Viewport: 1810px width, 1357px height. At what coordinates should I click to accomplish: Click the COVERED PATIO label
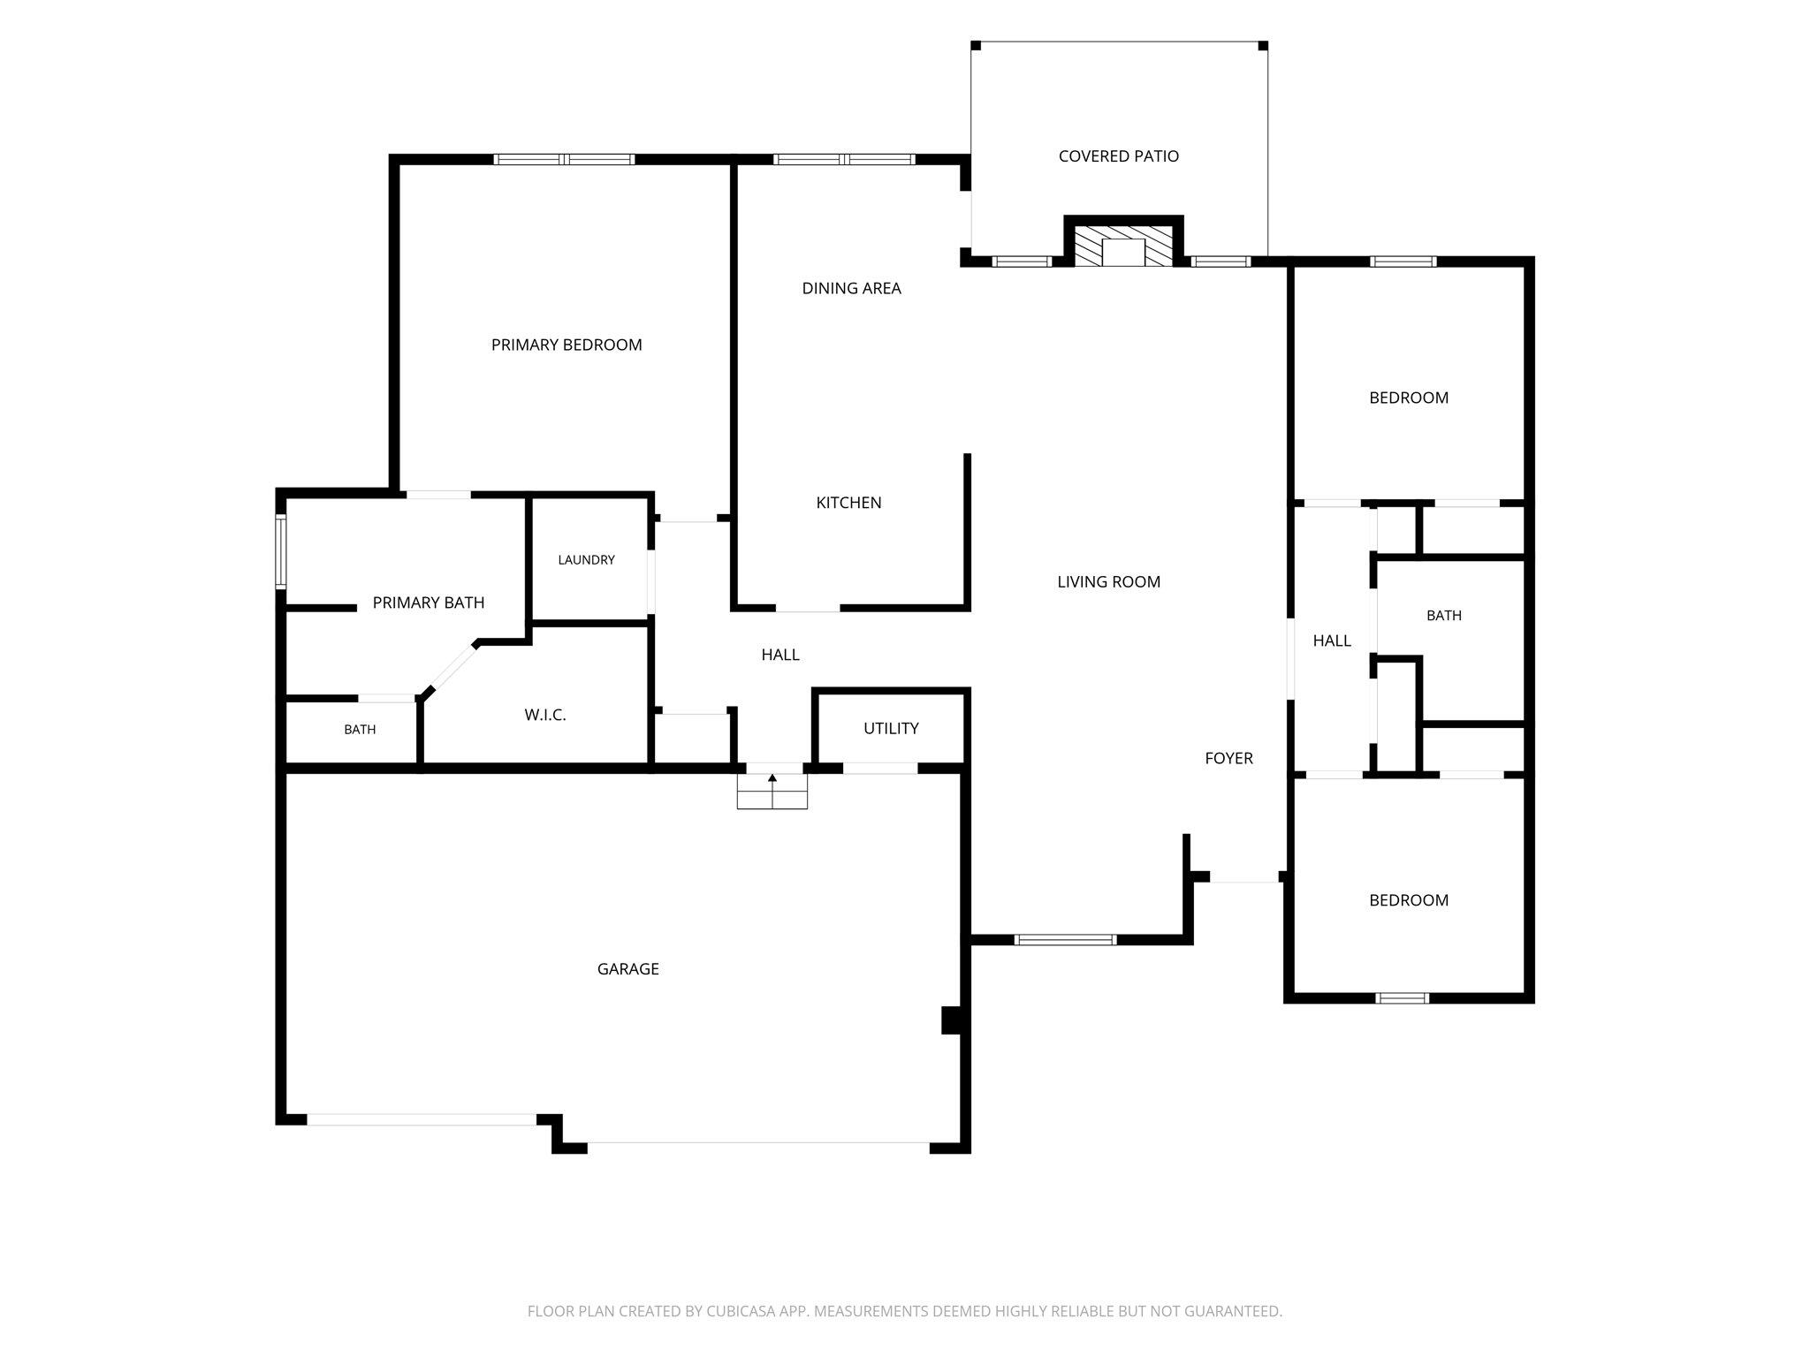[1118, 156]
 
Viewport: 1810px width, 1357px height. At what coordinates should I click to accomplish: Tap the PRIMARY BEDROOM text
[567, 345]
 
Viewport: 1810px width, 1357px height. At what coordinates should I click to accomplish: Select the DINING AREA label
[851, 288]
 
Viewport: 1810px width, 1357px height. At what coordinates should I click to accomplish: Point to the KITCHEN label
[848, 503]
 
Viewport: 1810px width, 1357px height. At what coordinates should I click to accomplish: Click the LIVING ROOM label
[1108, 581]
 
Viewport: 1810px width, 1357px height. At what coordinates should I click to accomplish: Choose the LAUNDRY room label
[586, 560]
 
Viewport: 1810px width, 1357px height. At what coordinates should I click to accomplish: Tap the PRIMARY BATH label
[429, 603]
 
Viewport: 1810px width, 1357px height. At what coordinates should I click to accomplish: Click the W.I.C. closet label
[544, 715]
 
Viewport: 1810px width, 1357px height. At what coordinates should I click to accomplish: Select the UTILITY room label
[891, 728]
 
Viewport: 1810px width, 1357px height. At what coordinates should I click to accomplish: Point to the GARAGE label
[627, 969]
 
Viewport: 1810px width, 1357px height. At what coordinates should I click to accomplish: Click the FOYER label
[1228, 758]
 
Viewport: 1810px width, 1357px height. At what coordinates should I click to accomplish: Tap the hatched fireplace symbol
[1123, 245]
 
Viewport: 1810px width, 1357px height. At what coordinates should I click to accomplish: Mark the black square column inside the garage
[952, 1020]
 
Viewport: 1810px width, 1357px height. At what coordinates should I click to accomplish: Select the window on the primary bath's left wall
[281, 553]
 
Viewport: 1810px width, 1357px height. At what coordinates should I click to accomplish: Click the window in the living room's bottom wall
[1066, 940]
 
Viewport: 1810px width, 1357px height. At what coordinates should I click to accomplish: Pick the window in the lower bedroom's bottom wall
[1403, 998]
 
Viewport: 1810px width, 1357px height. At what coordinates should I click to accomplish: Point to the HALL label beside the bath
[1332, 641]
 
